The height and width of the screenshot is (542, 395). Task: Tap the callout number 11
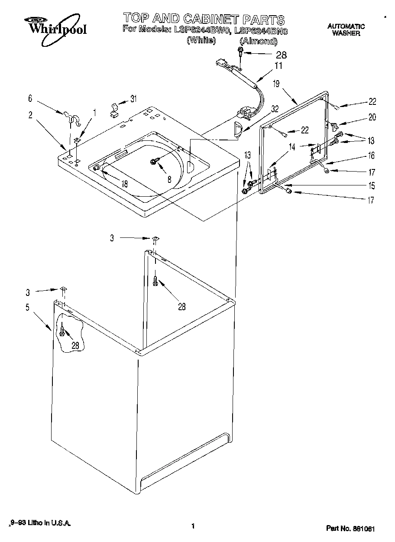tap(278, 66)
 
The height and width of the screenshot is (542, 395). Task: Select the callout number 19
tap(276, 84)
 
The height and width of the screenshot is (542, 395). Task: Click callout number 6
tap(30, 98)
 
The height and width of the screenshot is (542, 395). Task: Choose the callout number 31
tap(133, 99)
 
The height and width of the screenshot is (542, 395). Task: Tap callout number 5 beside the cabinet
tap(27, 308)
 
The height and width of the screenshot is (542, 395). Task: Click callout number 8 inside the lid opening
tap(169, 179)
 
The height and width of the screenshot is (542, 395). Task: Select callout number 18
tap(124, 184)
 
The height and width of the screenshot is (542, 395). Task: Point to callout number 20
tap(372, 117)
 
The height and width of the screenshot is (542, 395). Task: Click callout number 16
tap(372, 156)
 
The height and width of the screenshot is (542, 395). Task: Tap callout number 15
tap(372, 186)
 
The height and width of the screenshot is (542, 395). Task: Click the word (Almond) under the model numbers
tap(258, 41)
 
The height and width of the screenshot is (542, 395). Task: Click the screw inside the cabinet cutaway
tap(63, 331)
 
